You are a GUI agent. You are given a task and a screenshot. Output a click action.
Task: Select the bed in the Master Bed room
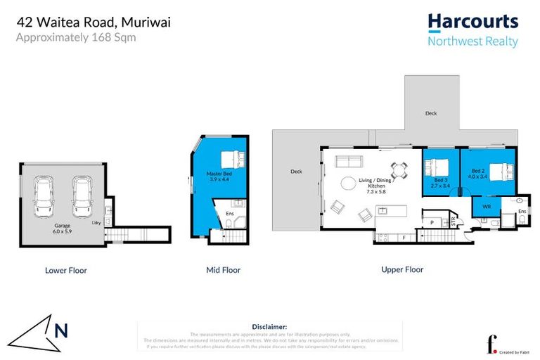pos(229,160)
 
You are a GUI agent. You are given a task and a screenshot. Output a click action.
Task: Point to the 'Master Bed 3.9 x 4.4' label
pos(219,176)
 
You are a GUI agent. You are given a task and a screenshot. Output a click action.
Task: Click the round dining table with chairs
pos(399,169)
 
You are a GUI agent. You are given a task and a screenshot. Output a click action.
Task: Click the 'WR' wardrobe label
pos(486,207)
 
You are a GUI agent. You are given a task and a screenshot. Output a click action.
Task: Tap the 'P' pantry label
pos(431,223)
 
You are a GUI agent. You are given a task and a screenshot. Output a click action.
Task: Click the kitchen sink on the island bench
pos(383,210)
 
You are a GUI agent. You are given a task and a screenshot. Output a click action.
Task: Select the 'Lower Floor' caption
pos(65,270)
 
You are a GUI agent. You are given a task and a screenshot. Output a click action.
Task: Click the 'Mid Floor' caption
pos(223,270)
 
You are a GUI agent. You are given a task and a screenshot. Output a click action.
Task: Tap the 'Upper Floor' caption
pos(402,269)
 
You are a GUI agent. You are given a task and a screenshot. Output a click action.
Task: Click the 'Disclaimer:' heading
pos(269,327)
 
